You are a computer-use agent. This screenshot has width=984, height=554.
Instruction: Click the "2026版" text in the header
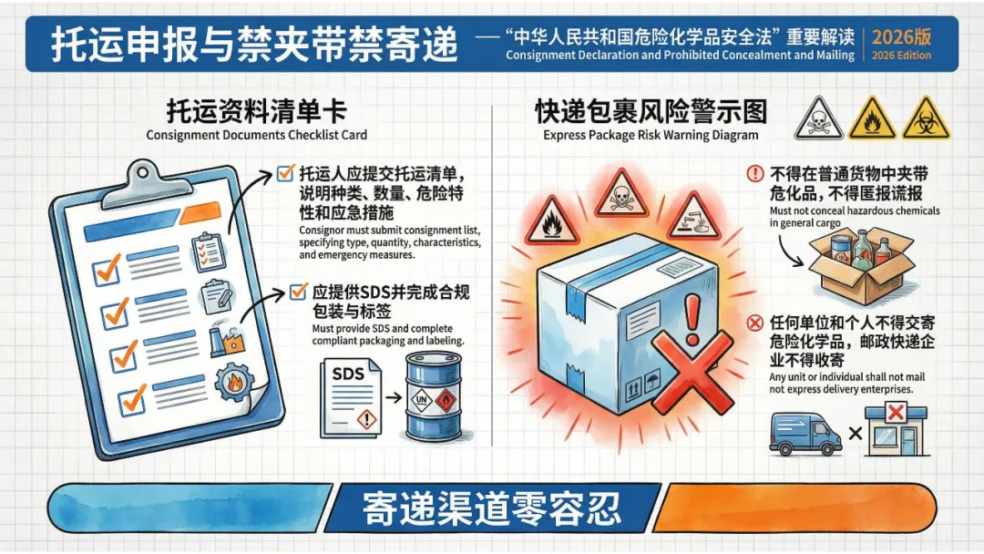click(x=901, y=36)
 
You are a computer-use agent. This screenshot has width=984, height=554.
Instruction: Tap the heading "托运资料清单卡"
click(x=257, y=112)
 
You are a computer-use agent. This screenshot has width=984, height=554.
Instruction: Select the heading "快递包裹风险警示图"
click(x=651, y=112)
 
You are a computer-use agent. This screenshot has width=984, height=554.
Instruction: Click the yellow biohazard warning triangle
click(x=926, y=118)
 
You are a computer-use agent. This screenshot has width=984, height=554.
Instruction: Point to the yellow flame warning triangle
click(x=872, y=118)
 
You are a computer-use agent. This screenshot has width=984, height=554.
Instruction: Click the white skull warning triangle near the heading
click(x=818, y=118)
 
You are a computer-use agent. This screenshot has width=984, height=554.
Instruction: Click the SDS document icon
click(x=350, y=397)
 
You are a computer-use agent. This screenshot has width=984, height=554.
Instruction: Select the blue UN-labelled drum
click(x=433, y=395)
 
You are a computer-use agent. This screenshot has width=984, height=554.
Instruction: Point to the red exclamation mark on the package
click(x=692, y=321)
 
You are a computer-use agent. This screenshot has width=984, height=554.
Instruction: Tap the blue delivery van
click(x=805, y=434)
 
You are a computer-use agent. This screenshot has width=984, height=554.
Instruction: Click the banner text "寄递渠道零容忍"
click(x=492, y=508)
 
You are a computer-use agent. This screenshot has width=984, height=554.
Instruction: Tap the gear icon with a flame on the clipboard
click(x=235, y=382)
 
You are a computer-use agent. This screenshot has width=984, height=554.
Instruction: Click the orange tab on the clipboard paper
click(x=200, y=212)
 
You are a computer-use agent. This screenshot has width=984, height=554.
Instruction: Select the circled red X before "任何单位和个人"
click(x=755, y=323)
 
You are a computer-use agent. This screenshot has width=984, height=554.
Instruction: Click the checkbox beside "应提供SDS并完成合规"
click(x=298, y=291)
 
